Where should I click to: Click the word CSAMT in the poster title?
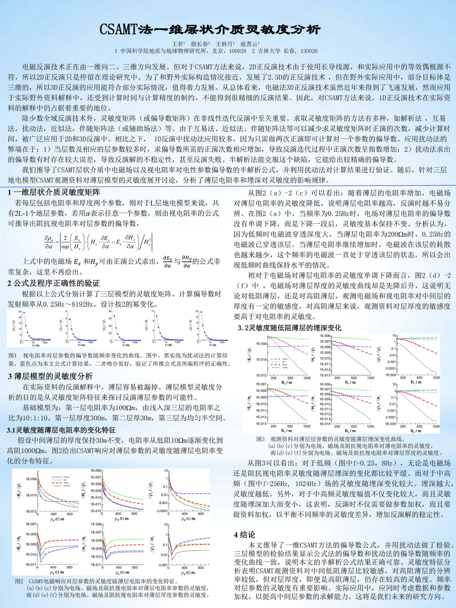click(118, 30)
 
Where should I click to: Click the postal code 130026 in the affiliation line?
click(309, 51)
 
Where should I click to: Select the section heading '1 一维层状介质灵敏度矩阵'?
click(54, 192)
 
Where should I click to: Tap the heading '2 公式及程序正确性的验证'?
click(53, 283)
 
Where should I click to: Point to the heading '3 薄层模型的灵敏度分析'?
click(50, 376)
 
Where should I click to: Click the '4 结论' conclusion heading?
click(244, 535)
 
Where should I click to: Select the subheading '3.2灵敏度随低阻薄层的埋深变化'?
click(289, 327)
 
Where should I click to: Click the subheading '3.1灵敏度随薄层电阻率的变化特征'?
click(61, 430)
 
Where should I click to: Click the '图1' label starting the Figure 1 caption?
click(12, 356)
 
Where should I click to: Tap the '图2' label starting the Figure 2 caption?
click(19, 582)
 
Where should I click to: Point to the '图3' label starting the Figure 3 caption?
click(260, 439)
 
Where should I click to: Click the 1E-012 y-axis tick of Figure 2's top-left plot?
click(31, 510)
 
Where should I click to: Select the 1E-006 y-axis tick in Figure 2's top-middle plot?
click(96, 471)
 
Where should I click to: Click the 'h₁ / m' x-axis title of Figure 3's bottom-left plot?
click(287, 431)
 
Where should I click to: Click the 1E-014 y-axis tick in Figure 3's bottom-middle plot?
click(325, 424)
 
